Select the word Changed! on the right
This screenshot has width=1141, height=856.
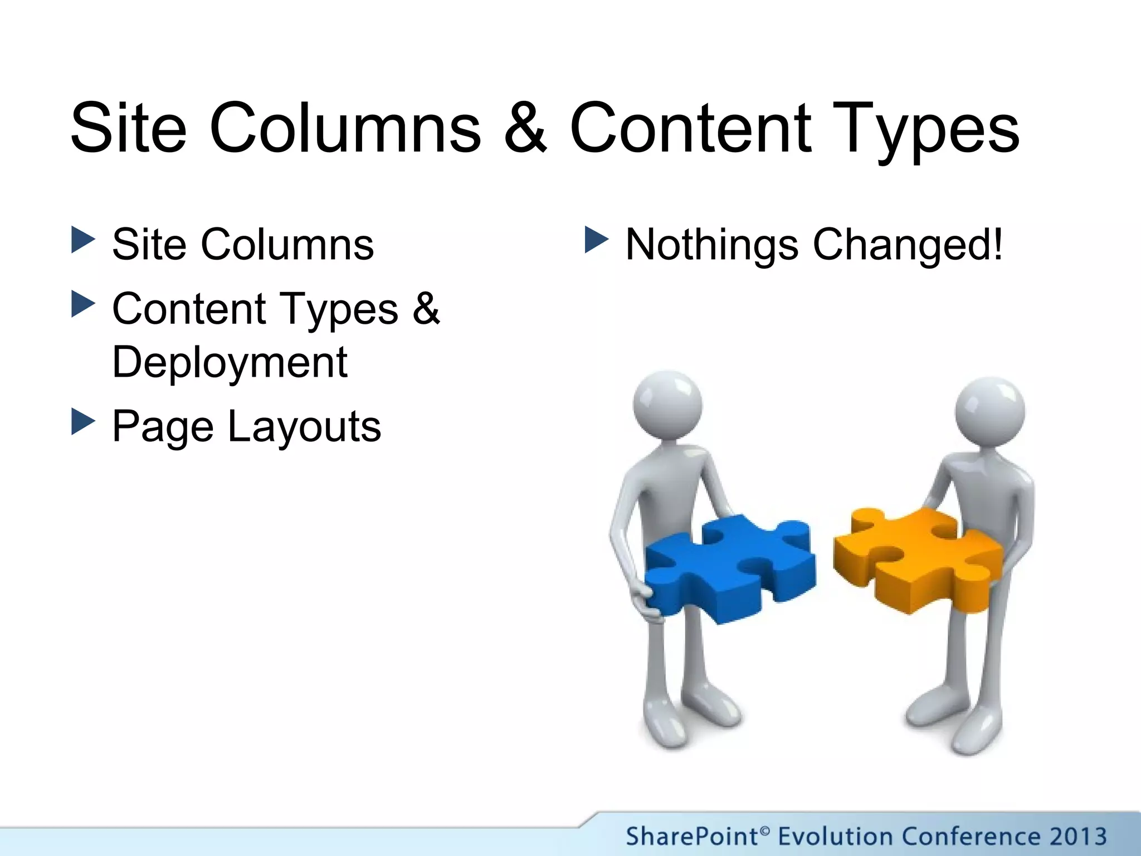[908, 245]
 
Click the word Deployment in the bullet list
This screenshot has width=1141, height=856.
[230, 362]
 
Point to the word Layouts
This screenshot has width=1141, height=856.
[304, 426]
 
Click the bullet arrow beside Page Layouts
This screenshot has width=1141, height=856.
[84, 422]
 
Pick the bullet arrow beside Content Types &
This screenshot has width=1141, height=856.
[84, 304]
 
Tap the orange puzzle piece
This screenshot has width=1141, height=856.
[916, 557]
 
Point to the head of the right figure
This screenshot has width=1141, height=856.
[989, 411]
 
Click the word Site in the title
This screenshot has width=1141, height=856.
[129, 128]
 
